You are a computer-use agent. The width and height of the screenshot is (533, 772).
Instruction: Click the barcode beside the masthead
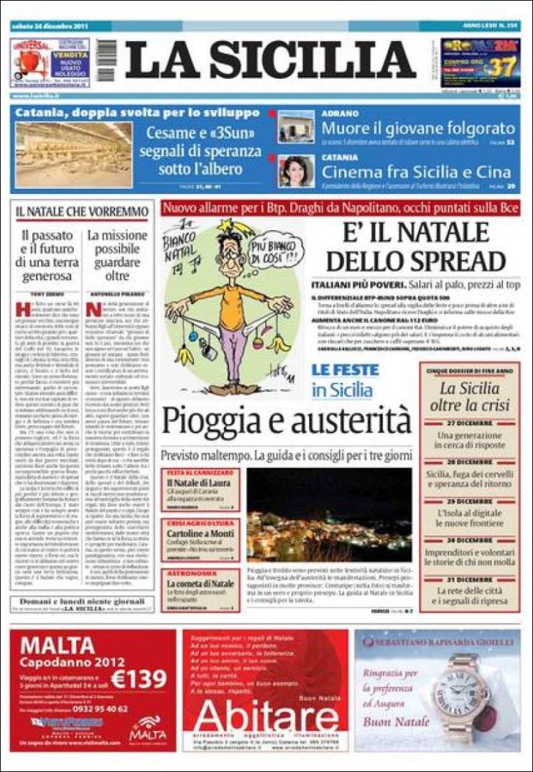click(x=106, y=60)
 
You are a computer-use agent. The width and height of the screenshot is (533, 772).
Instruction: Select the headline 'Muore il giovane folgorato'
click(x=418, y=129)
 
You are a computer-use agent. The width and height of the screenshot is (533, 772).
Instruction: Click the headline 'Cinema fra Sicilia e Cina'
click(x=416, y=172)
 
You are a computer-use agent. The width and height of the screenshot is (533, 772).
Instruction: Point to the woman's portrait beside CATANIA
click(x=296, y=171)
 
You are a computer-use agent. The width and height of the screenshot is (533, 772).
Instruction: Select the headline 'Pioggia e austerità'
click(x=286, y=421)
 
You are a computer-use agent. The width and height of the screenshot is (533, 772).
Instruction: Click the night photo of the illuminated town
click(x=329, y=515)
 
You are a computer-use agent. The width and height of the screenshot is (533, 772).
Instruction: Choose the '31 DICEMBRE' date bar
click(x=470, y=580)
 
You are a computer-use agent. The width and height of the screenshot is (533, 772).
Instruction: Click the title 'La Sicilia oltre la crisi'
click(x=474, y=396)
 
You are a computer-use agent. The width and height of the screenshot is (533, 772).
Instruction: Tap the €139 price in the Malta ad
click(x=139, y=680)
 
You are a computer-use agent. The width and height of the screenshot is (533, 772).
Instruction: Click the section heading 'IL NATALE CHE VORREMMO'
click(x=82, y=212)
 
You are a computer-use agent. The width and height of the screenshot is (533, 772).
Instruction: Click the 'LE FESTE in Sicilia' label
click(x=345, y=380)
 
